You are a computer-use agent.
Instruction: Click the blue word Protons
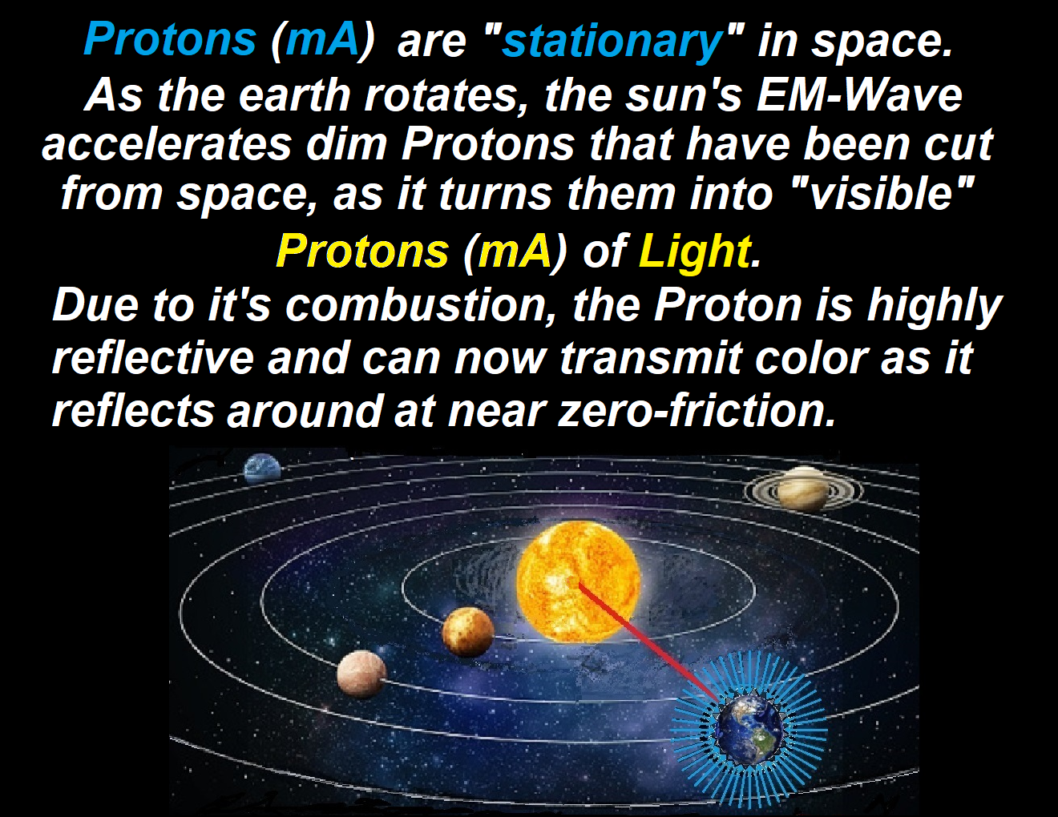[170, 39]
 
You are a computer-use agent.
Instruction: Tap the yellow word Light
[695, 253]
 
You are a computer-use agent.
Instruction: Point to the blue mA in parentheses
[323, 39]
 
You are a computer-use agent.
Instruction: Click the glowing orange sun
[579, 581]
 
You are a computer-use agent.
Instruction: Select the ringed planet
[803, 489]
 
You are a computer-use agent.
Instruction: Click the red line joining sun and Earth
[648, 643]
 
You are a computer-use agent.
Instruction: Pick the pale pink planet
[361, 674]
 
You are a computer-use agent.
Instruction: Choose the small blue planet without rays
[262, 468]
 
